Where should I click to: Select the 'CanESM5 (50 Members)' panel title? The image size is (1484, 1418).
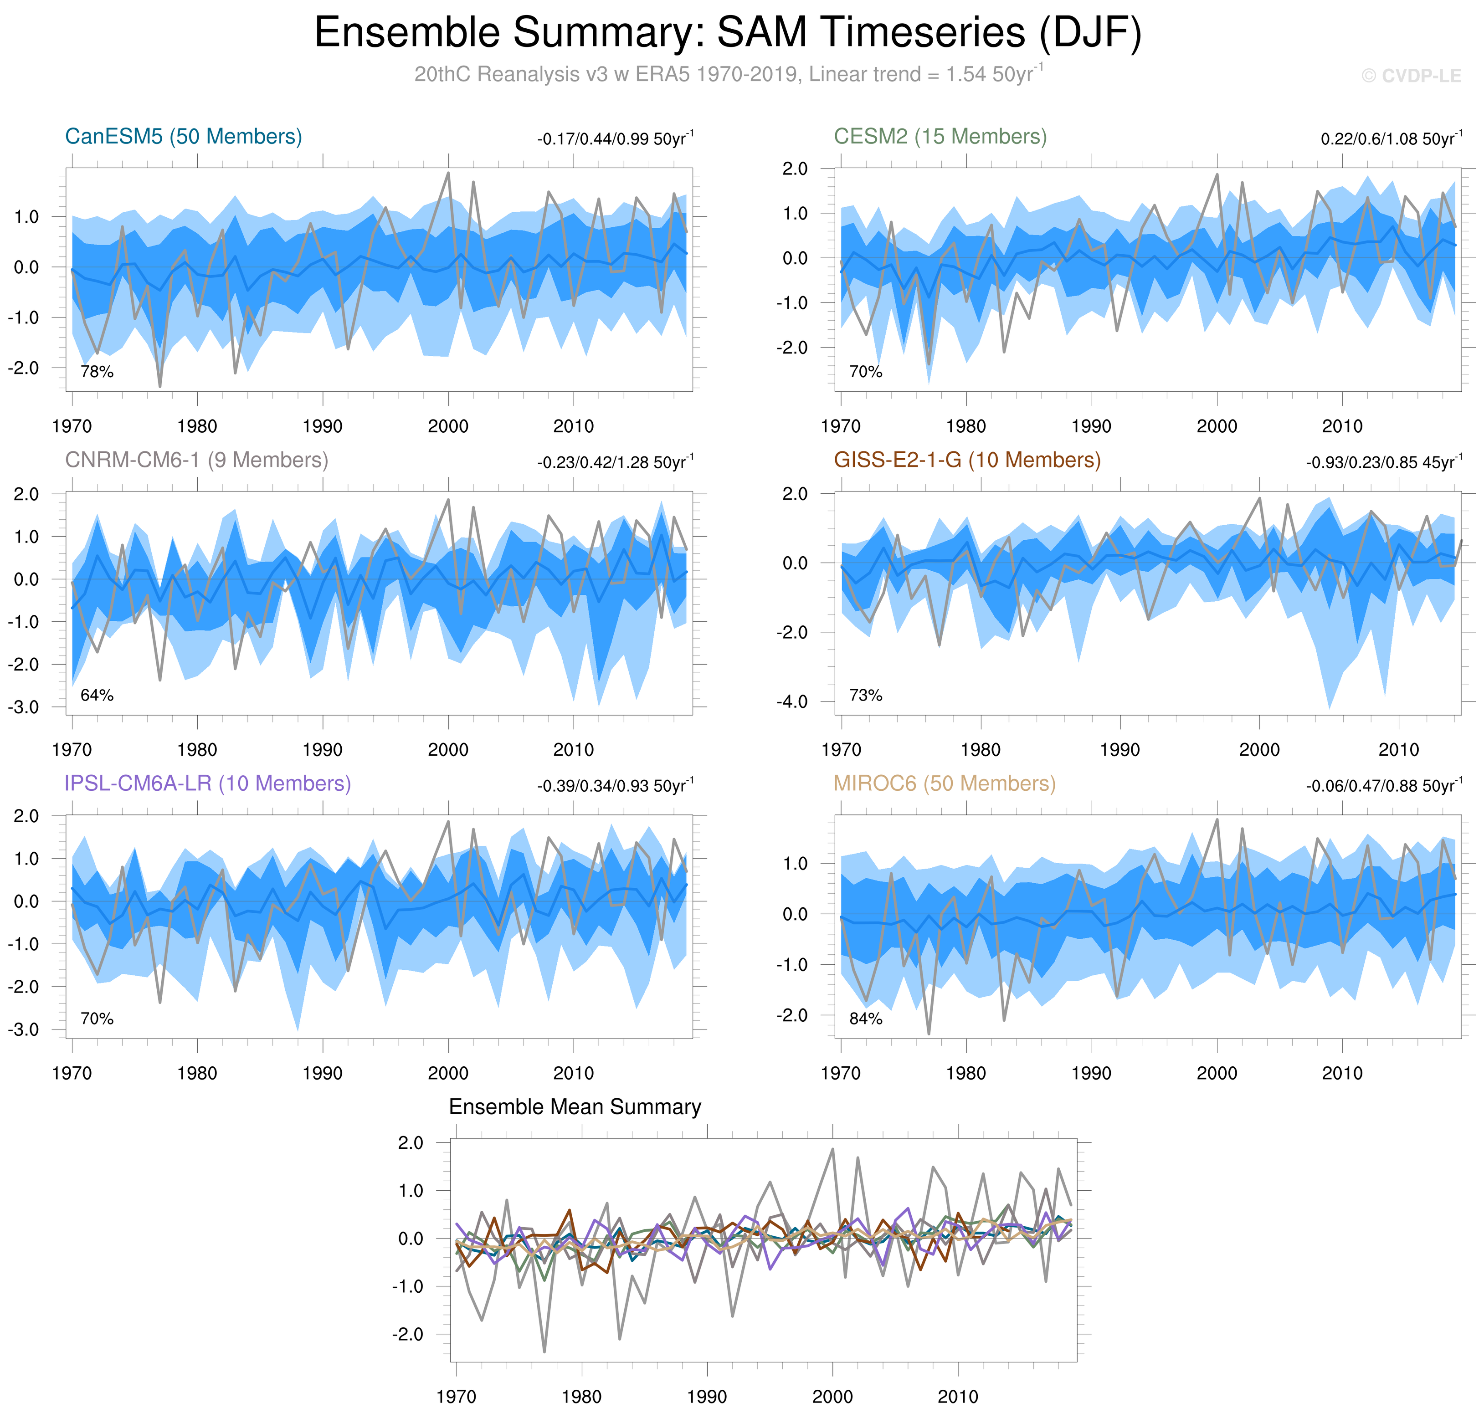(184, 137)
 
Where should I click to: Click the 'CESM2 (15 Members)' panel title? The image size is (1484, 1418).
(940, 137)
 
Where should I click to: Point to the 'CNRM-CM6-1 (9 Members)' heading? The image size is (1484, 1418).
(196, 461)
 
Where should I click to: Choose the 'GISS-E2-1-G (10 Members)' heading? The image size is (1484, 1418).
(967, 461)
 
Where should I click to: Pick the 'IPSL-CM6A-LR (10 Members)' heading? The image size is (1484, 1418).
(208, 784)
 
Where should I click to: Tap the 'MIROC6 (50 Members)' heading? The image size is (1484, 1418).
(944, 784)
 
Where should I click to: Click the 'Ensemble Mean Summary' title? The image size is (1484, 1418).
(575, 1107)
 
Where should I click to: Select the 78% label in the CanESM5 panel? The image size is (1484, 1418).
(97, 372)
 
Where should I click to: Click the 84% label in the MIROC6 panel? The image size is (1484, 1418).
(866, 1019)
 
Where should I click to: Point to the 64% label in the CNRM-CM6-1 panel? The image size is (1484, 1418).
(97, 696)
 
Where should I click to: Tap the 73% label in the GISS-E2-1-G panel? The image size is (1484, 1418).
(866, 696)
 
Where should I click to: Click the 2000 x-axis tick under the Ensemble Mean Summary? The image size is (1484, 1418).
(832, 1397)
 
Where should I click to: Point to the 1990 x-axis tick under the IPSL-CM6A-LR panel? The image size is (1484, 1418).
(323, 1073)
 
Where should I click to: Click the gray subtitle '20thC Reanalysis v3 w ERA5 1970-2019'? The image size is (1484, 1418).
(609, 75)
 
